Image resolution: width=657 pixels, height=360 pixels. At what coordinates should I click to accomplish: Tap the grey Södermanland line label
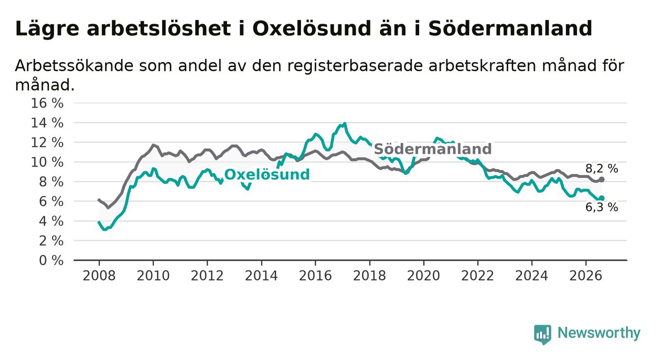click(433, 149)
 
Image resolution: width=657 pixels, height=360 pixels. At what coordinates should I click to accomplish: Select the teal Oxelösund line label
click(267, 174)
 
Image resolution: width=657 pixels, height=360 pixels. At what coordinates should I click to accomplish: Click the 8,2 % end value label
click(602, 168)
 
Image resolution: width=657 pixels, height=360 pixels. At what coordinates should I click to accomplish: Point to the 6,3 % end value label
click(602, 207)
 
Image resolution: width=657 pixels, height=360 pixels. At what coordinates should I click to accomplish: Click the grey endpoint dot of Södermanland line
click(602, 180)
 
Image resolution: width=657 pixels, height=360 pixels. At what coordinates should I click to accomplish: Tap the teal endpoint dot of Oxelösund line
click(602, 198)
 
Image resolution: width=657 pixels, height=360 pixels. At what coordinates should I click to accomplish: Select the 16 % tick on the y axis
click(47, 103)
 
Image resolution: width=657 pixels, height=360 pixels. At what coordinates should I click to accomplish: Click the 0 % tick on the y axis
click(51, 260)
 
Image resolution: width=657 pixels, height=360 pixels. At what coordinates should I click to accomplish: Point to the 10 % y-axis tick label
click(47, 162)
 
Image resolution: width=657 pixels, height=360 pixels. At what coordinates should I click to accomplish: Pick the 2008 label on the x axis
click(99, 276)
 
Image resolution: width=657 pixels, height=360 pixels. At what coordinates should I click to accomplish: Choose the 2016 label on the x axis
click(315, 276)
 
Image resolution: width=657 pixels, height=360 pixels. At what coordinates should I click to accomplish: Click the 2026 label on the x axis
click(586, 276)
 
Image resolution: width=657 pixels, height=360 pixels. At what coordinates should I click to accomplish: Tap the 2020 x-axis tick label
click(424, 276)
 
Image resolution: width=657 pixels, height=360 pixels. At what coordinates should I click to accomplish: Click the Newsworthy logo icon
click(543, 334)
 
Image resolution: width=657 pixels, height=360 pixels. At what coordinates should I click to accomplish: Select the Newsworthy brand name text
click(599, 333)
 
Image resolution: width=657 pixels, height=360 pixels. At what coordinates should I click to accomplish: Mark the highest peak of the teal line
click(345, 123)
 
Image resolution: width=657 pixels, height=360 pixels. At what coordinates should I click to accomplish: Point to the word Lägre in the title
click(47, 29)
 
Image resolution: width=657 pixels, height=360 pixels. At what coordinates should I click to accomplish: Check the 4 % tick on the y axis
click(51, 221)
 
